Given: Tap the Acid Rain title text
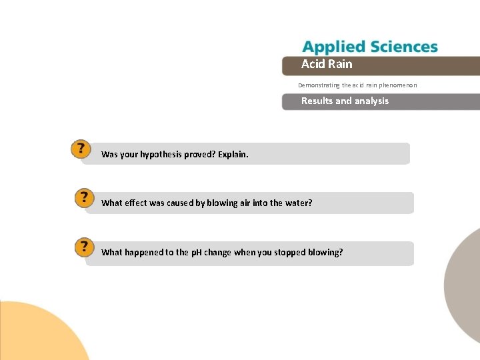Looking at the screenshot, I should [327, 64].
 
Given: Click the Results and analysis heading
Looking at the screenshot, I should [345, 101].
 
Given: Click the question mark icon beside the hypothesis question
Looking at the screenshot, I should [80, 149].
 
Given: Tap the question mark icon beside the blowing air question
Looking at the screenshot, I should [84, 198].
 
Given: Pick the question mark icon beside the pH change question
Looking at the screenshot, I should [84, 247].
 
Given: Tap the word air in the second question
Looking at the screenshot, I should [244, 203].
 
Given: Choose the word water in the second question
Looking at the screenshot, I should [298, 203].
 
